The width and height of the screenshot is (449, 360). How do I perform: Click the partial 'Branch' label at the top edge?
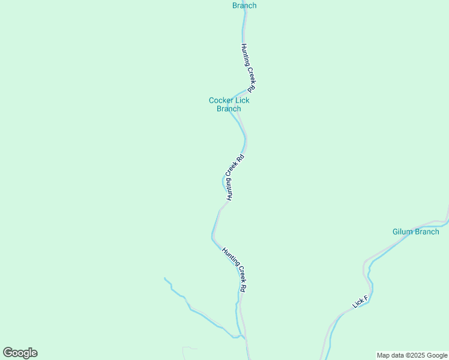click(244, 5)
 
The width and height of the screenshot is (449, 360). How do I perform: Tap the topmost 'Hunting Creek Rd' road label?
click(249, 67)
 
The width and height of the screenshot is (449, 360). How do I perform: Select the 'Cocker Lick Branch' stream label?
click(229, 104)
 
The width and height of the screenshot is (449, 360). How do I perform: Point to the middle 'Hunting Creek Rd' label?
click(235, 178)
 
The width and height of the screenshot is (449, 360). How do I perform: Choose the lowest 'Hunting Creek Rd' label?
click(234, 269)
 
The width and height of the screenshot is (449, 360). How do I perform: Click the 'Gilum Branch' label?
click(415, 232)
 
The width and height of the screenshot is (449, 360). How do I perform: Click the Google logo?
click(20, 353)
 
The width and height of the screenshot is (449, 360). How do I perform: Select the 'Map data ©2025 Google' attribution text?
click(412, 355)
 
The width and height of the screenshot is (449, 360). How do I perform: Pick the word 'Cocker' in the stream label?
click(220, 100)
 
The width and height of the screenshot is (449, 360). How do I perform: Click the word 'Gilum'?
click(404, 232)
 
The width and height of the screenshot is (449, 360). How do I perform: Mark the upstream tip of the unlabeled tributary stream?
click(165, 278)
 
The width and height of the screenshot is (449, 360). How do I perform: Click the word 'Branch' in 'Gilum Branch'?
click(427, 232)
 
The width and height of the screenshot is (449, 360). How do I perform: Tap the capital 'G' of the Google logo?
click(8, 353)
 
